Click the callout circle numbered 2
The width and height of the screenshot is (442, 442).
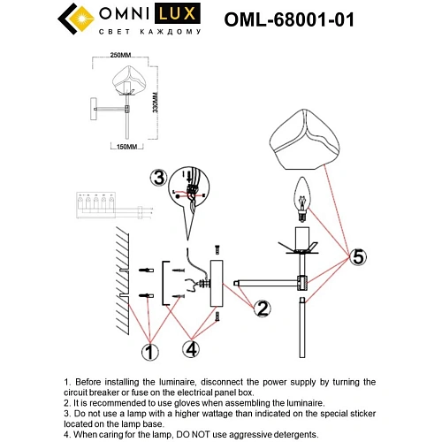(263, 309)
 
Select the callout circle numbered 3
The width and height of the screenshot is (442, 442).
(157, 176)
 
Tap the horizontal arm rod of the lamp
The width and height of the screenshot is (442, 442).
(269, 283)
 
